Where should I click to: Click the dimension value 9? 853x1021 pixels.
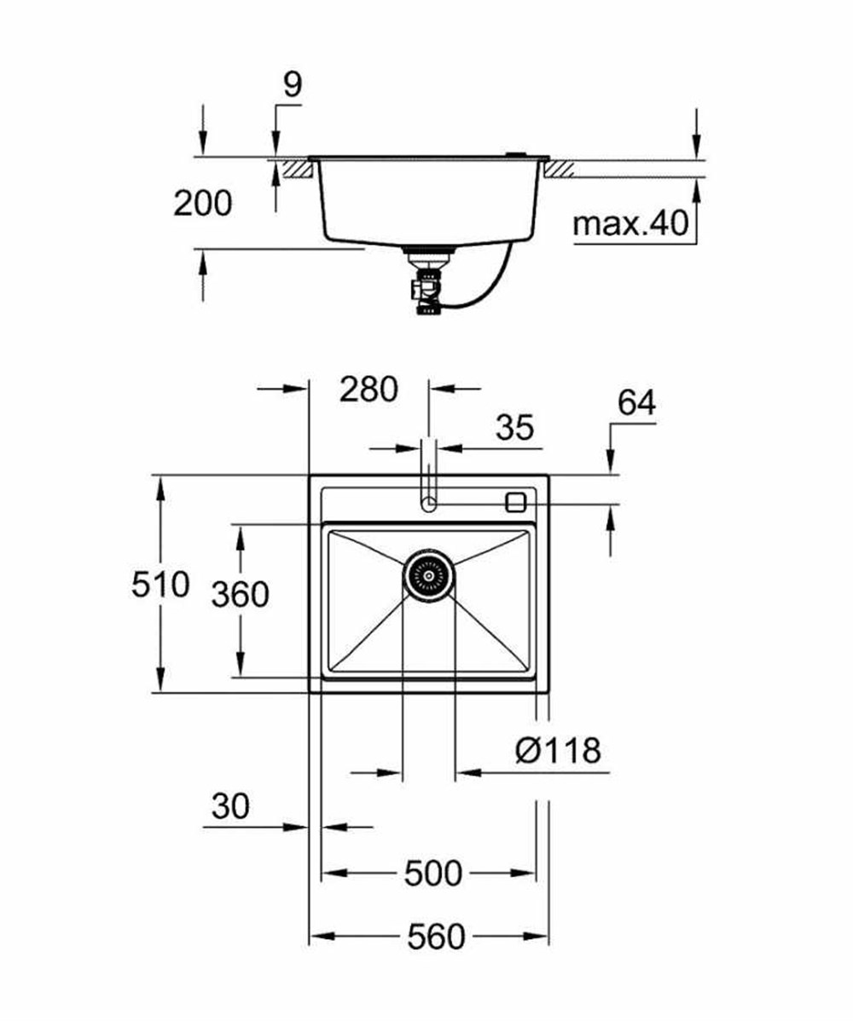click(293, 86)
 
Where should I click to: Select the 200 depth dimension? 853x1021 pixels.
click(202, 204)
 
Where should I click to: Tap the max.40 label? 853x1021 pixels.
click(630, 224)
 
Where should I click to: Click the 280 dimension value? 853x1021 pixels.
click(368, 389)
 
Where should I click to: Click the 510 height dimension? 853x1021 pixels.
click(160, 585)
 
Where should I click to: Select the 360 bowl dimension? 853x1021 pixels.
click(240, 594)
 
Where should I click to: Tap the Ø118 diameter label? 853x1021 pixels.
click(558, 751)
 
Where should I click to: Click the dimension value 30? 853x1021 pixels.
click(231, 806)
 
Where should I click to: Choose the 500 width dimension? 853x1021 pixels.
click(432, 873)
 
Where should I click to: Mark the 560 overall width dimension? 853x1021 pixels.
click(436, 937)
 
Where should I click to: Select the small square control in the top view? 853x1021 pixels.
click(516, 502)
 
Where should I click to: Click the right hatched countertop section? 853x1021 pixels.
click(560, 169)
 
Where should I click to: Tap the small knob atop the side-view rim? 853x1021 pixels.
click(515, 154)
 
